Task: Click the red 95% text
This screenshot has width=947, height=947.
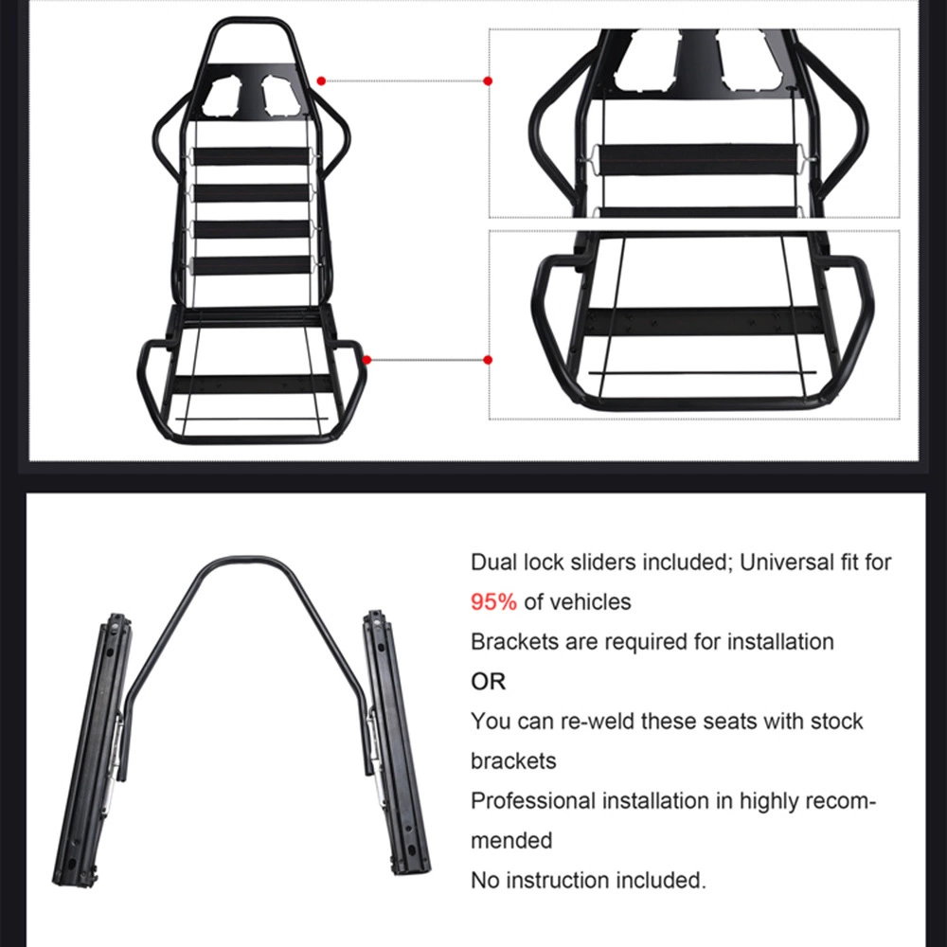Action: pos(493,602)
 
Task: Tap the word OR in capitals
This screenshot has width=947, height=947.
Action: pos(488,682)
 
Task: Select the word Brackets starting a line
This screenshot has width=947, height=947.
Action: pos(514,641)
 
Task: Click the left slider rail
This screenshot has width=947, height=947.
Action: pos(93,749)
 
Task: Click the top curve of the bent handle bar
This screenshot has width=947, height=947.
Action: pos(244,560)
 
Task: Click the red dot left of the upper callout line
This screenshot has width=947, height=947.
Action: pos(321,80)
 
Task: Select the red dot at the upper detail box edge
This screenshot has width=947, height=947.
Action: pos(488,80)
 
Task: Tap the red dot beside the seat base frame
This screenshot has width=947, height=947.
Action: pos(366,360)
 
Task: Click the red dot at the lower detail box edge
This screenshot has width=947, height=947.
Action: pos(488,360)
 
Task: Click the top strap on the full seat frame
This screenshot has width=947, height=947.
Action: pos(251,156)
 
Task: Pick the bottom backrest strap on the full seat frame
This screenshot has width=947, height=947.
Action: pos(251,265)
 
